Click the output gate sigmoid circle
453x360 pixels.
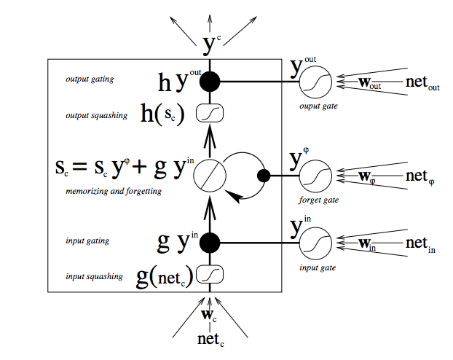click(x=315, y=83)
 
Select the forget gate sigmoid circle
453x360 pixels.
click(x=315, y=176)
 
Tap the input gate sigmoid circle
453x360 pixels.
click(x=315, y=243)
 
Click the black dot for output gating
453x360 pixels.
click(x=210, y=82)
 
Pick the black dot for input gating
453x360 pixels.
click(x=210, y=242)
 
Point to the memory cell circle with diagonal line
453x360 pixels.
click(x=210, y=176)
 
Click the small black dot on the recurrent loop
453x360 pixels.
click(x=264, y=176)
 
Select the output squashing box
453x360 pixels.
click(x=210, y=114)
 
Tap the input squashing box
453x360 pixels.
click(x=210, y=274)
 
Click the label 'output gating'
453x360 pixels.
click(x=86, y=79)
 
